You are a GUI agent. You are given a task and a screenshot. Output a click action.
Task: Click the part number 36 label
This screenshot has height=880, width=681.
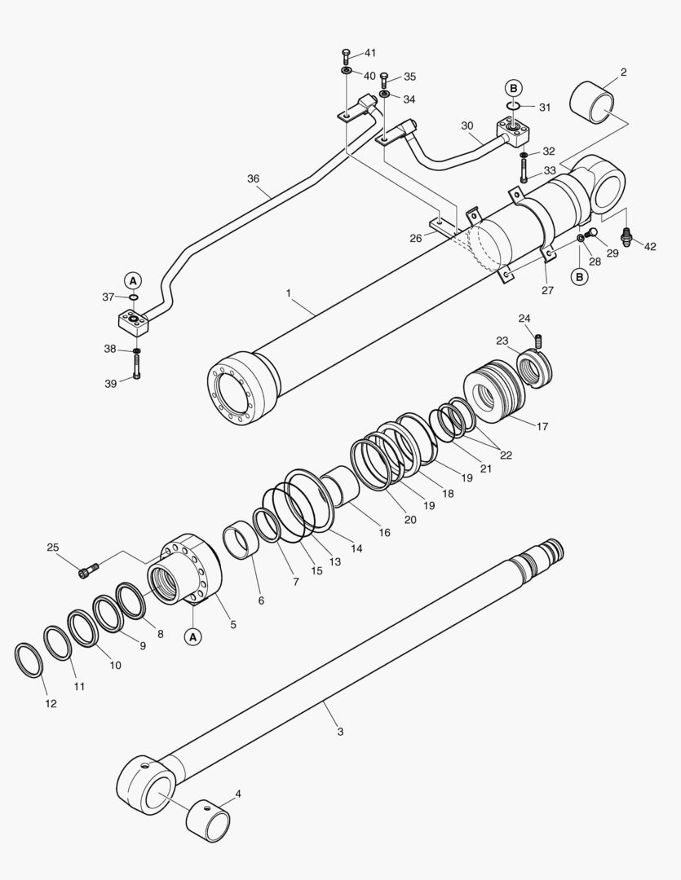(x=254, y=178)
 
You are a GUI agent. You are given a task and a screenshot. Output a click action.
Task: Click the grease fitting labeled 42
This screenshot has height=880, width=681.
(x=628, y=237)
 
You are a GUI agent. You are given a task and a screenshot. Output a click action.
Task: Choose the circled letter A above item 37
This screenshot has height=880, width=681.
(x=133, y=279)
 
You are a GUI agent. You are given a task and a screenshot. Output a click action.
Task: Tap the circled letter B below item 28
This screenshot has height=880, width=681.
(x=579, y=277)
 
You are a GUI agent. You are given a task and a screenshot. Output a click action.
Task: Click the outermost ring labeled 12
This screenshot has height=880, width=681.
(x=29, y=660)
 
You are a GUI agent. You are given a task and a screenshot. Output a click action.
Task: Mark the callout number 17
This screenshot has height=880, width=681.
(x=542, y=425)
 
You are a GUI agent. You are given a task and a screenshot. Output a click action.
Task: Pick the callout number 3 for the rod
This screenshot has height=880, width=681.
(x=340, y=732)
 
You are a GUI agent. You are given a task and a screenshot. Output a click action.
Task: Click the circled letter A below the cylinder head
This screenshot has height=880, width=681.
(x=193, y=636)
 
